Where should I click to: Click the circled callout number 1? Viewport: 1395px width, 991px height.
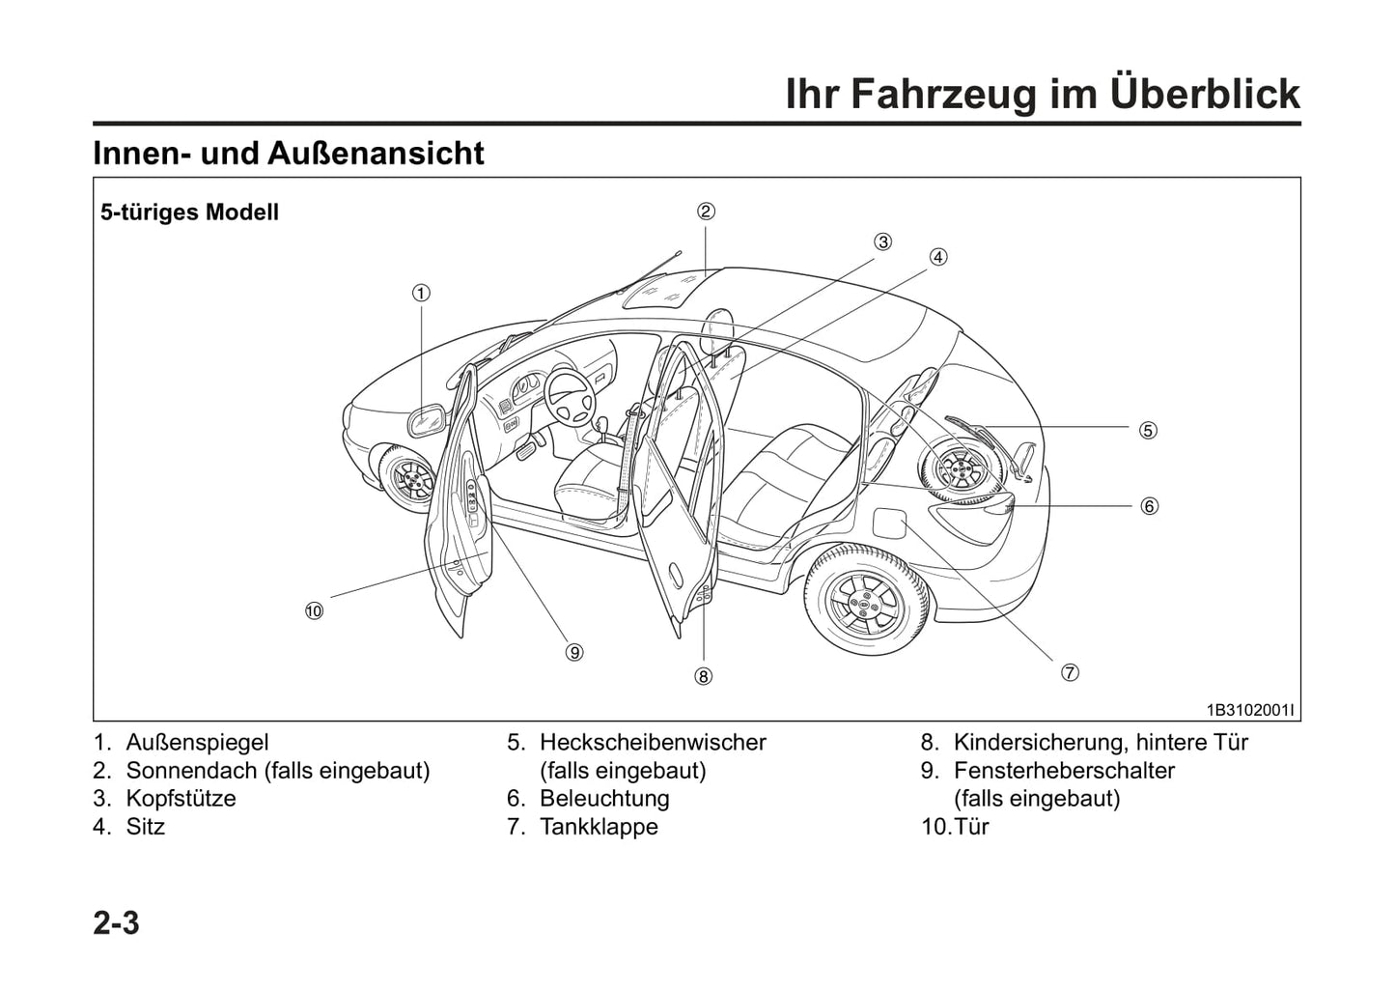point(421,293)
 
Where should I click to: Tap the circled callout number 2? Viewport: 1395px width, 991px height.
point(706,212)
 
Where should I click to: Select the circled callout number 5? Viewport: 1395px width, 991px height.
point(1148,430)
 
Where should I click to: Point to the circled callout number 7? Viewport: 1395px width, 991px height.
point(1070,673)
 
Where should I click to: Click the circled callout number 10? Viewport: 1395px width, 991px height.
point(313,610)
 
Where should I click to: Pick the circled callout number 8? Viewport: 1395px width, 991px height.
point(703,676)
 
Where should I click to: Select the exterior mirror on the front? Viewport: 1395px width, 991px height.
point(426,420)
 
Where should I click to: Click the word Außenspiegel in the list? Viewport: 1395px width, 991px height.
point(197,743)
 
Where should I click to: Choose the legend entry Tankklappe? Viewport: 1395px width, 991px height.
point(599,827)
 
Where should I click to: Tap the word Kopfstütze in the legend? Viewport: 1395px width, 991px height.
point(181,799)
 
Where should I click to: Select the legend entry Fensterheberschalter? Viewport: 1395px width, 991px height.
point(1064,771)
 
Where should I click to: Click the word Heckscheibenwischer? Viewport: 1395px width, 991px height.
point(653,743)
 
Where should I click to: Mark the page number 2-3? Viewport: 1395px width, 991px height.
point(117,923)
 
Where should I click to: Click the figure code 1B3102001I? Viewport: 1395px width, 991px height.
point(1250,710)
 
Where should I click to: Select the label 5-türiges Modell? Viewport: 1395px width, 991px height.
point(189,212)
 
